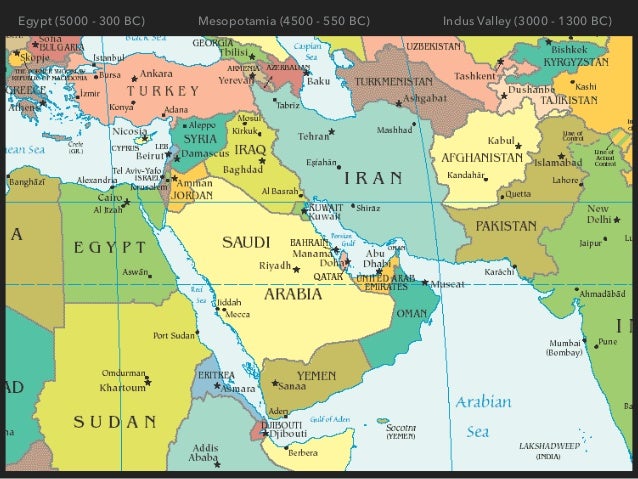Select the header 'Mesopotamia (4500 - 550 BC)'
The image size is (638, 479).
coord(284,20)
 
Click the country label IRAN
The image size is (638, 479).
coord(373,178)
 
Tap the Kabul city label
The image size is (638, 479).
coord(500,141)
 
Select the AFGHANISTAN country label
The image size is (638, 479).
coord(477,158)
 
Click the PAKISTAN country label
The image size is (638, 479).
coord(507,227)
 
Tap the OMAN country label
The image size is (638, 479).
coord(412,313)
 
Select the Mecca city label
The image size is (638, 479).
coord(238,314)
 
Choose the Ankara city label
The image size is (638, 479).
coord(154,73)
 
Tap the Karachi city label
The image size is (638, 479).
coord(498,272)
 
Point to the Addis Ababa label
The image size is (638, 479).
coord(203,451)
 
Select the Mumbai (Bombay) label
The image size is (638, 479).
coord(564,347)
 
